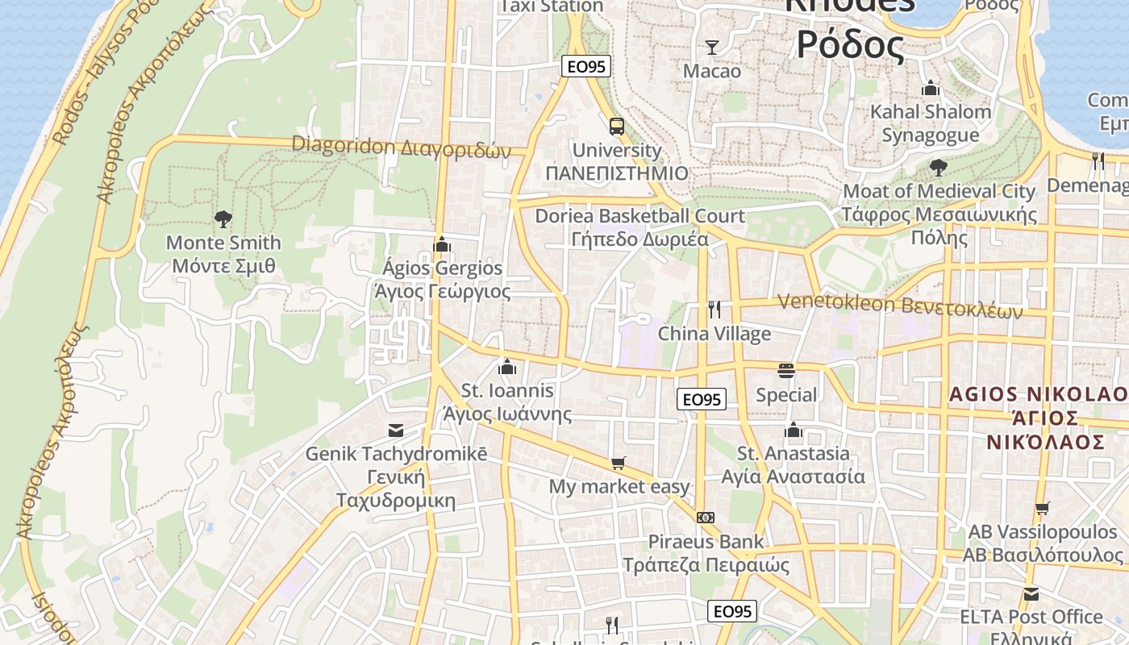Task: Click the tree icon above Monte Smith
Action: [223, 218]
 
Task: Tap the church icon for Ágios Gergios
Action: [442, 244]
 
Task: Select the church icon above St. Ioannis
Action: [507, 367]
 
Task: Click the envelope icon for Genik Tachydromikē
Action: [396, 430]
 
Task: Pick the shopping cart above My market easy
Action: [619, 463]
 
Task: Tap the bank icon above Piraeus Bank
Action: [706, 517]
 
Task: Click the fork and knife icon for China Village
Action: [714, 309]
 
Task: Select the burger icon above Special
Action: [786, 371]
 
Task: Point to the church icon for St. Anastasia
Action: [794, 430]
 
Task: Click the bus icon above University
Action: [617, 127]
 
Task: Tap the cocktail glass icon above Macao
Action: [712, 48]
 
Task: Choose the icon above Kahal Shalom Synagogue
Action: [931, 88]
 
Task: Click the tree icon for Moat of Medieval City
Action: [938, 168]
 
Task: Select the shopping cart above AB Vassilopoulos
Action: [1043, 509]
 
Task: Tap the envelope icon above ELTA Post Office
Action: [1031, 594]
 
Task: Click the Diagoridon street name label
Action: [402, 148]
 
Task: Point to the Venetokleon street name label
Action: [900, 306]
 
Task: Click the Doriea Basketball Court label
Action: [640, 227]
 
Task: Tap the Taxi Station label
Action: [552, 6]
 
